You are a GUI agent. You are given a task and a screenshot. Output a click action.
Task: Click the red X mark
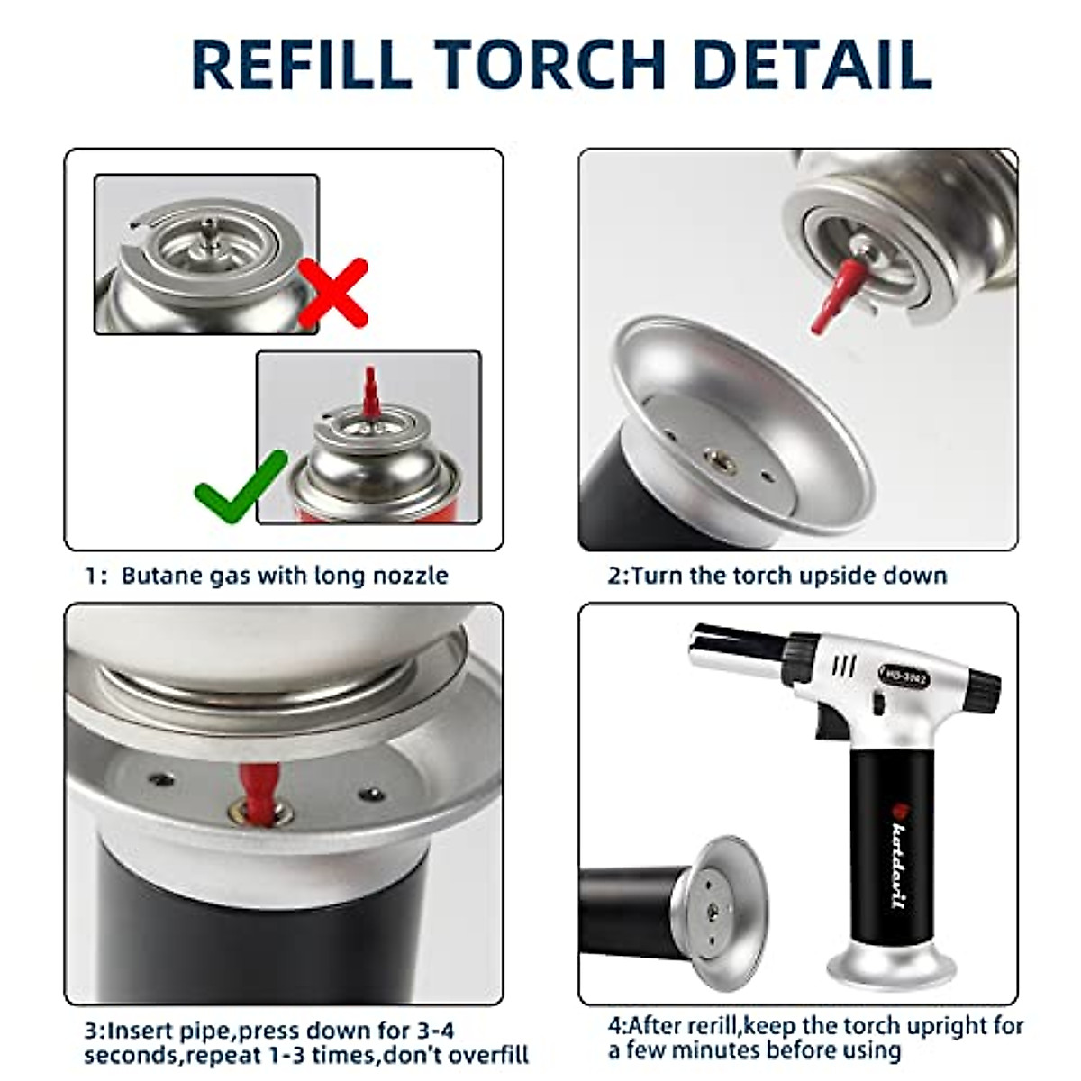[x=333, y=293]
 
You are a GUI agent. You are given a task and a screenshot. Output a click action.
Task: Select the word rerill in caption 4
[x=709, y=1027]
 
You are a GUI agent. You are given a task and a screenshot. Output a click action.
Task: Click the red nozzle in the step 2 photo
[x=837, y=295]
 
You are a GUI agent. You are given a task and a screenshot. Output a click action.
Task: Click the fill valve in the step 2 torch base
[x=721, y=462]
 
